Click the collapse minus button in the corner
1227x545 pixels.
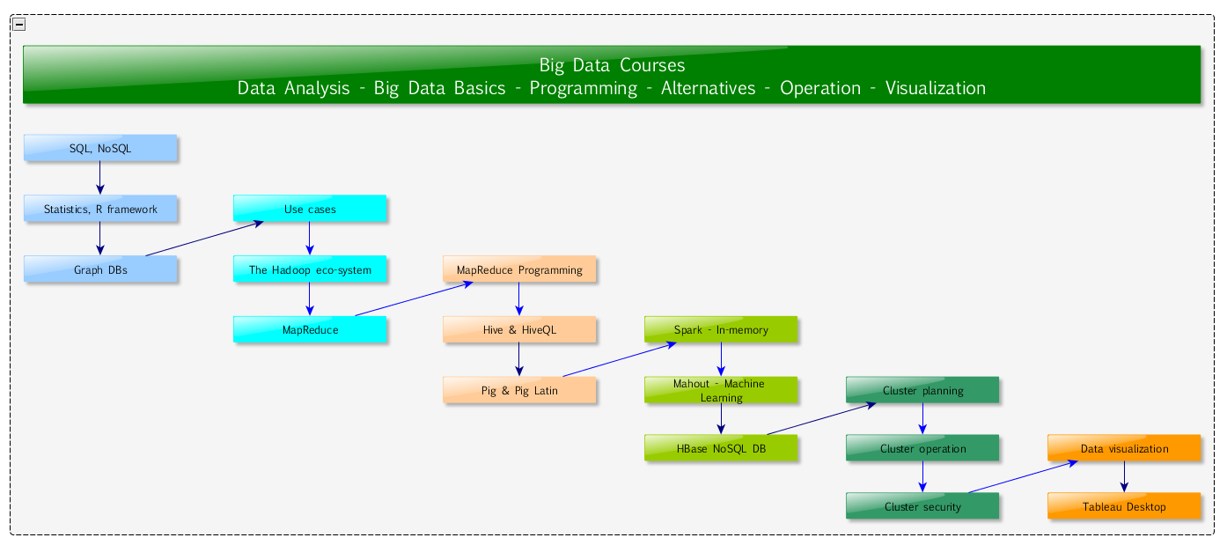(x=19, y=25)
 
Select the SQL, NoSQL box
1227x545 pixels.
(x=100, y=148)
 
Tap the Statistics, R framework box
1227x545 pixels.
(x=100, y=209)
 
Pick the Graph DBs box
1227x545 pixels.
(x=100, y=269)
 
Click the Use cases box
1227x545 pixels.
(x=310, y=209)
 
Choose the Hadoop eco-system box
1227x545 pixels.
(x=310, y=269)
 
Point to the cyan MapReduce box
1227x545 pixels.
(x=310, y=330)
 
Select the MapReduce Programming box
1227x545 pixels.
(x=519, y=269)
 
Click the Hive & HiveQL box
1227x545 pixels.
(x=519, y=330)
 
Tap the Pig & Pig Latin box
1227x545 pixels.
(x=519, y=391)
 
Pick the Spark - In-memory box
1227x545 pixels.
(x=721, y=330)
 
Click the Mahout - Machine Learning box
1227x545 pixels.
(x=721, y=391)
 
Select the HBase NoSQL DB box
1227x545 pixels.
(x=721, y=449)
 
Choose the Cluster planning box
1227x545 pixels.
(x=922, y=391)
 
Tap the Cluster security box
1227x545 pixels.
(x=922, y=506)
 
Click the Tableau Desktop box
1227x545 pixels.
(x=1124, y=506)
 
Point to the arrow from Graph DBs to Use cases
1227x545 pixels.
(x=204, y=239)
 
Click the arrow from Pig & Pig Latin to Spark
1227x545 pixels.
(x=620, y=360)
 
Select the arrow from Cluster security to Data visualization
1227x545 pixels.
(x=1023, y=477)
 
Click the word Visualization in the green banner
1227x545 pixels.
(x=936, y=88)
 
